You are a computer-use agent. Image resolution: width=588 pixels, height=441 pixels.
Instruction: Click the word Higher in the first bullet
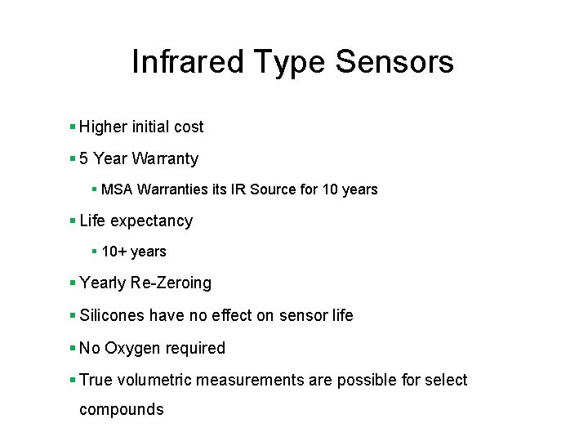click(x=103, y=127)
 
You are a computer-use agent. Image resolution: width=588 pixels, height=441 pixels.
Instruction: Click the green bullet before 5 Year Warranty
click(x=73, y=158)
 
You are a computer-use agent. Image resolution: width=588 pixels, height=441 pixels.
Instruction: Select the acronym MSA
click(x=118, y=189)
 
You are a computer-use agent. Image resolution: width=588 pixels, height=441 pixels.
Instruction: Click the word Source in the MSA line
click(x=273, y=189)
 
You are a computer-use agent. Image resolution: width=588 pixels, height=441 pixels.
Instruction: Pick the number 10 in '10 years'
click(x=330, y=189)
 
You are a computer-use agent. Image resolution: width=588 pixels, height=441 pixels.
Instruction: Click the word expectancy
click(x=151, y=221)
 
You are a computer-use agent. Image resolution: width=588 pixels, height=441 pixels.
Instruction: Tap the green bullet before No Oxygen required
click(x=73, y=348)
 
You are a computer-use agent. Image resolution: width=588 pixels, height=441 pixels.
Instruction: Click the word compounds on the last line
click(x=121, y=410)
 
